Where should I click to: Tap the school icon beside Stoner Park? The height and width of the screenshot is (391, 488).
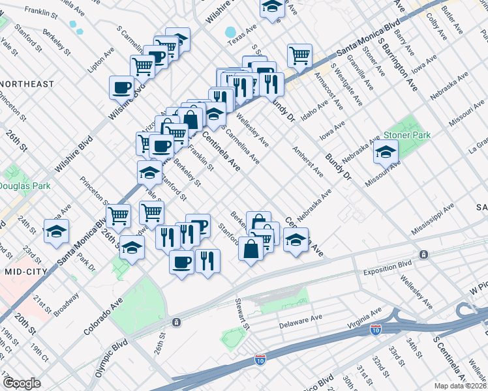point(386,152)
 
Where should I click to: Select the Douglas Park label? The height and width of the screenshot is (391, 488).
point(25,186)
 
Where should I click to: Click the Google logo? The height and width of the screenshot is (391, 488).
point(22,383)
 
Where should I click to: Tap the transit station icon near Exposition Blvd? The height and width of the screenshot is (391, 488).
point(424,254)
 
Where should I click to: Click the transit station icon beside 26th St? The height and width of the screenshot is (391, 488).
point(176,323)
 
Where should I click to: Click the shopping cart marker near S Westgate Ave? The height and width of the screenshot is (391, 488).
point(299,55)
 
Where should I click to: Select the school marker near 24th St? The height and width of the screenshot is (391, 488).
point(56,231)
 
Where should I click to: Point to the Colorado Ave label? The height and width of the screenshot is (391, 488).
point(103,317)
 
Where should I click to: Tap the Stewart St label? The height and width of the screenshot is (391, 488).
point(242,313)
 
